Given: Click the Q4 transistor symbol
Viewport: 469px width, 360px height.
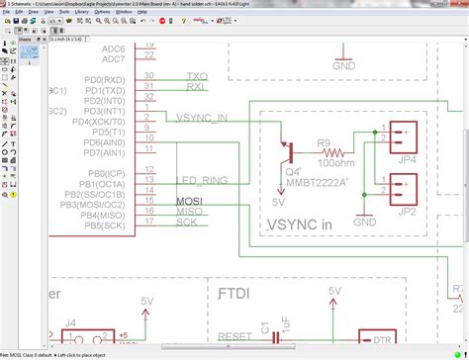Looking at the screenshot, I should pyautogui.click(x=288, y=150).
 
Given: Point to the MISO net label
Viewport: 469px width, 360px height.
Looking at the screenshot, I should pyautogui.click(x=190, y=211).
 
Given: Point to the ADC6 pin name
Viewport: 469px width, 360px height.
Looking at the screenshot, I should pyautogui.click(x=113, y=47).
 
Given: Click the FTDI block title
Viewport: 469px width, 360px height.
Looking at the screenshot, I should pyautogui.click(x=234, y=294).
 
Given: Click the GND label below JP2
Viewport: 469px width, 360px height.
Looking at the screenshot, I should pyautogui.click(x=365, y=223).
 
